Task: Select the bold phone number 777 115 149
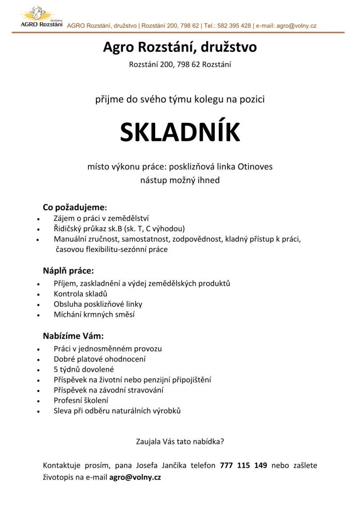click(x=244, y=466)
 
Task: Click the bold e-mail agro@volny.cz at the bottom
click(x=135, y=477)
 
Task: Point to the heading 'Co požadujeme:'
click(x=75, y=207)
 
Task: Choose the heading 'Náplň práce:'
click(x=68, y=271)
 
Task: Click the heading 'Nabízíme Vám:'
click(x=73, y=336)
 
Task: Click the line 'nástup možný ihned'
click(x=180, y=180)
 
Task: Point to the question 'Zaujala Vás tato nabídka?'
click(x=180, y=441)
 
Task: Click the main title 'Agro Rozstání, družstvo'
click(x=180, y=47)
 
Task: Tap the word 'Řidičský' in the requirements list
click(x=68, y=229)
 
